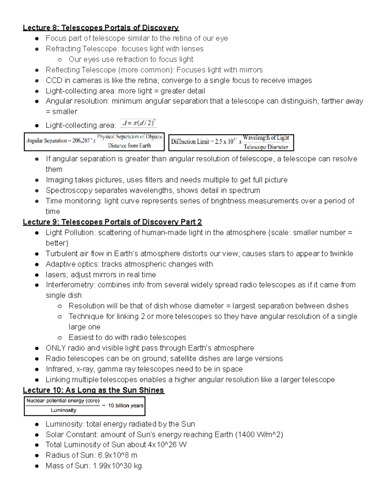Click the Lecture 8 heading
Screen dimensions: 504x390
(101, 28)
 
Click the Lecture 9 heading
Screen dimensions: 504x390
(112, 222)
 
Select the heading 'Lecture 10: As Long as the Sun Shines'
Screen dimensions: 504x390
(93, 390)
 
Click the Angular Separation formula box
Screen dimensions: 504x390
(94, 141)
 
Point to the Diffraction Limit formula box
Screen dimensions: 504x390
(231, 142)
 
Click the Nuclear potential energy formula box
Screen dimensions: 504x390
(84, 406)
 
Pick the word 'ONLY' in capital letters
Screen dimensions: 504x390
(56, 348)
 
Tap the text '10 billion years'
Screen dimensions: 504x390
(125, 406)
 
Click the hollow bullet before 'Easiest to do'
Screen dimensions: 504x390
(59, 338)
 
